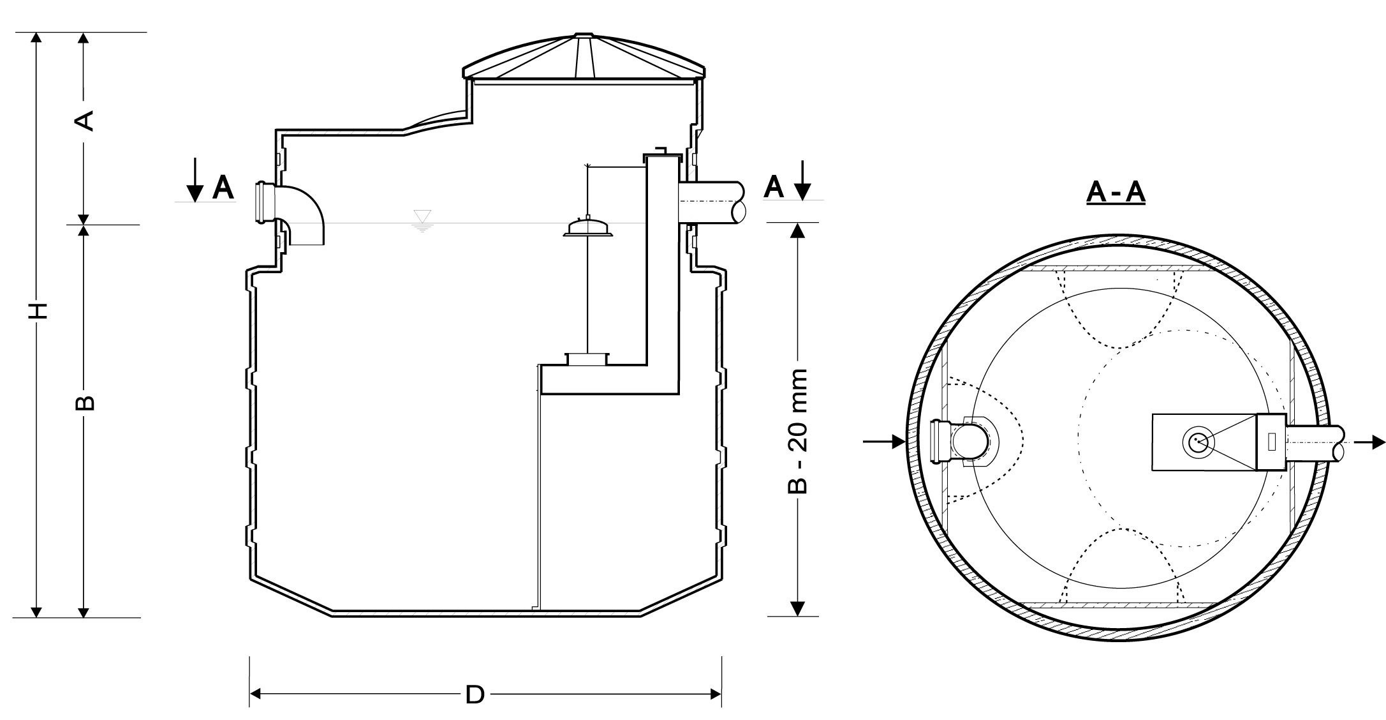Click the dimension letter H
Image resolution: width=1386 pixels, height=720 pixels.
(40, 311)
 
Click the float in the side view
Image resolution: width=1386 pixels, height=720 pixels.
(587, 228)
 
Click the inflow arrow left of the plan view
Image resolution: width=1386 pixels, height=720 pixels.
(884, 440)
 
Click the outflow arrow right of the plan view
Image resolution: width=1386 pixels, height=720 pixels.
(1369, 441)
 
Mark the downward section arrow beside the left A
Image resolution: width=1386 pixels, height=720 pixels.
(195, 182)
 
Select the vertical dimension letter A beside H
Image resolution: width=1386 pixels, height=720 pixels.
(85, 120)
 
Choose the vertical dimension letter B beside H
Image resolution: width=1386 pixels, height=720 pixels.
(85, 402)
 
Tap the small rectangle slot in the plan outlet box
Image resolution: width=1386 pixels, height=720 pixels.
(1272, 442)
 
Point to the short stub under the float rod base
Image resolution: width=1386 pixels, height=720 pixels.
(587, 359)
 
